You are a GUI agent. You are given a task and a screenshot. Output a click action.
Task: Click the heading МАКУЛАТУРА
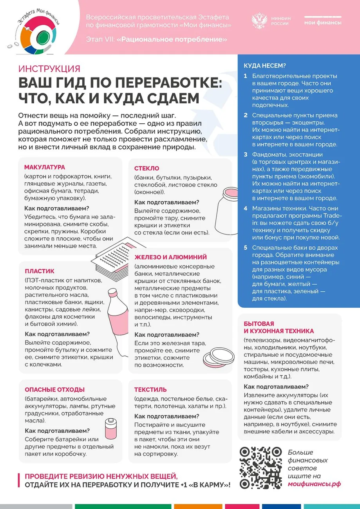click(x=45, y=167)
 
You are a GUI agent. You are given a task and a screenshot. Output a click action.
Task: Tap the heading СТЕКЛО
click(x=147, y=168)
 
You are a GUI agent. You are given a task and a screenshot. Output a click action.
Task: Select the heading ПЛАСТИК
click(x=40, y=271)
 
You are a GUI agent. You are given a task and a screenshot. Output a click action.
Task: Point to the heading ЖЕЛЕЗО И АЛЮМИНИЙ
click(x=170, y=257)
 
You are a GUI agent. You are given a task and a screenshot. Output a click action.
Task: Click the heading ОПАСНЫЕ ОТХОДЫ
click(x=54, y=390)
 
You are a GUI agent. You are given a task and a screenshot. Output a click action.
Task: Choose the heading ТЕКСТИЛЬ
click(x=150, y=390)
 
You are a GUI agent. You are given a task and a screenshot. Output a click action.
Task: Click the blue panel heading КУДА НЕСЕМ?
click(x=265, y=65)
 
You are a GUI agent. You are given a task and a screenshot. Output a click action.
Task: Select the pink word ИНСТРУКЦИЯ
click(x=49, y=69)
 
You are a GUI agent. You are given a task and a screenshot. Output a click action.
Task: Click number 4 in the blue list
click(x=246, y=208)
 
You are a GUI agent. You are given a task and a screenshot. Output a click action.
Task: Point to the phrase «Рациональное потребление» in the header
click(x=172, y=40)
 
